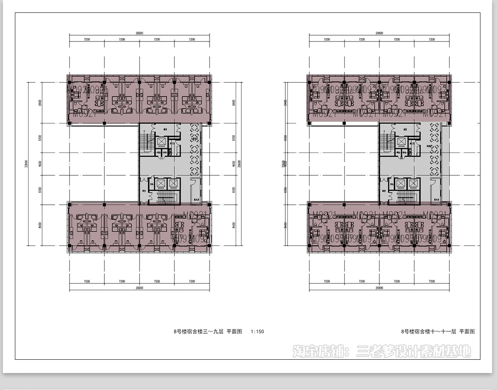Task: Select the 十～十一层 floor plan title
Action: point(438,332)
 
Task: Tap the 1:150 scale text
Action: point(257,332)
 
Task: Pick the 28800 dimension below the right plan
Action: point(379,288)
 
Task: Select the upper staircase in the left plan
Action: point(145,143)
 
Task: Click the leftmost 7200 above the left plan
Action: point(87,39)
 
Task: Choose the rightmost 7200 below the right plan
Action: point(432,281)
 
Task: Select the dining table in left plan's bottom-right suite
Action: point(180,225)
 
